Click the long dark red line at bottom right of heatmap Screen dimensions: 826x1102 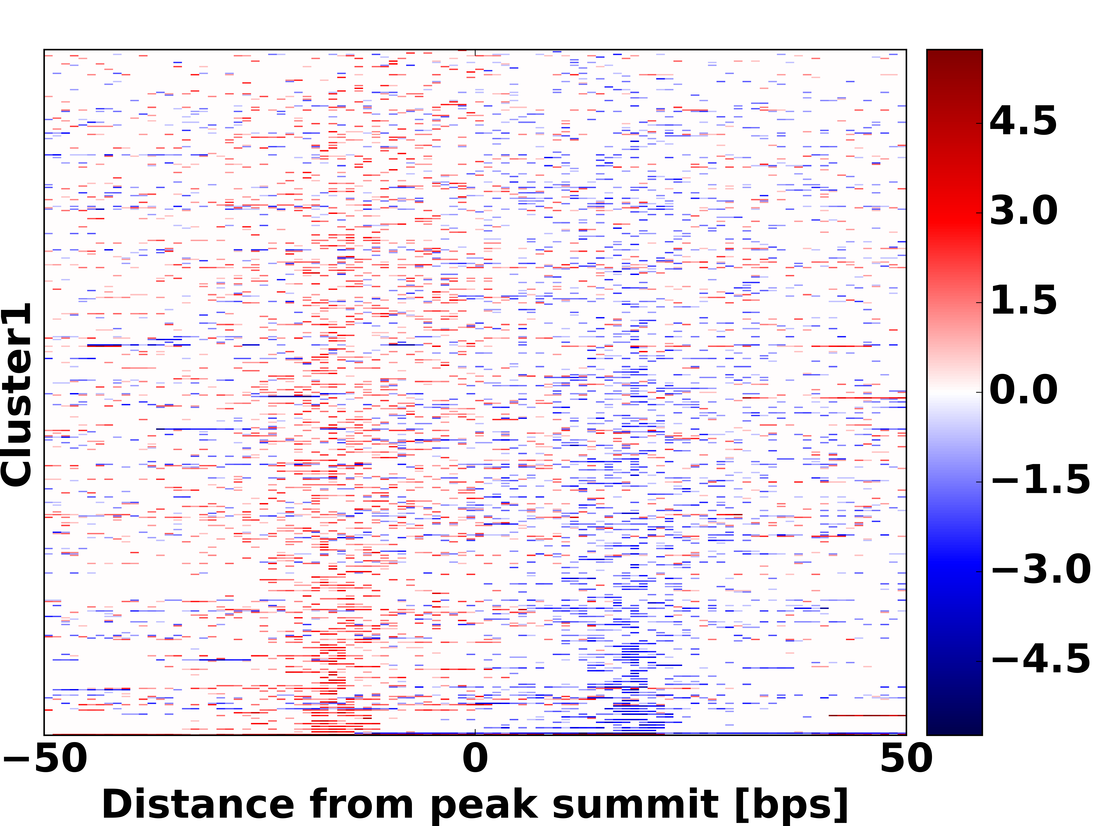tap(867, 715)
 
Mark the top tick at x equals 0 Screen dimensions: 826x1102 tap(475, 52)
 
